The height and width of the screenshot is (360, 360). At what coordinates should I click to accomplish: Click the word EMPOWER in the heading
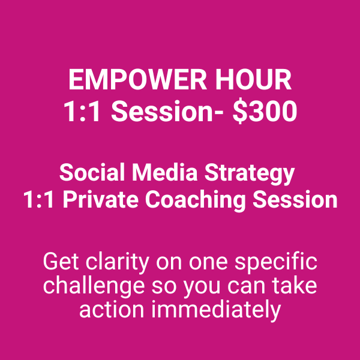point(138,80)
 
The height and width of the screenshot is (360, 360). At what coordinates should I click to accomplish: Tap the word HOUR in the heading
point(253,80)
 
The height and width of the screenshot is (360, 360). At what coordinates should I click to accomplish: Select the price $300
point(265,112)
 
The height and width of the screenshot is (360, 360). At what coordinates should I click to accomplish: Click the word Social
point(92,173)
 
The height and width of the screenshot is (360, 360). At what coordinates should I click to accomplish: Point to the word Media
point(164,173)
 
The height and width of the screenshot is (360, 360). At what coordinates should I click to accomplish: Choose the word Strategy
point(250,175)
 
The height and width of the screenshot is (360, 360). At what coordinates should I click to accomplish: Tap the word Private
point(101,199)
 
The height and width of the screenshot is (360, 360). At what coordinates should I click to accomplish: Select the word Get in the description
point(61,262)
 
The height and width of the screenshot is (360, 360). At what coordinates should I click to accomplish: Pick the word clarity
point(118,263)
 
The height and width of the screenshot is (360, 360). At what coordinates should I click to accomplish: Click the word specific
point(276,263)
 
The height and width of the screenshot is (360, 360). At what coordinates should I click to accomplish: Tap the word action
point(112,310)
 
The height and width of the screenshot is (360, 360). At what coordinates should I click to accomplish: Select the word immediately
point(216,311)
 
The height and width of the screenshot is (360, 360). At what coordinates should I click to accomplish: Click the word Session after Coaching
point(295,199)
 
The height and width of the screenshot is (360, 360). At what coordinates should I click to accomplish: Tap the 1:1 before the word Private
point(39,199)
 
